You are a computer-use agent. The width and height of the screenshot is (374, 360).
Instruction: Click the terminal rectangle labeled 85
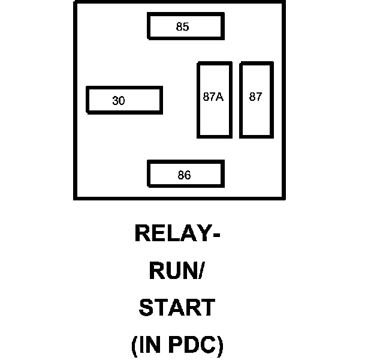point(185,26)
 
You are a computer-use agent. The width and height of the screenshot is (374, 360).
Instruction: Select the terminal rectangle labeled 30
point(124,100)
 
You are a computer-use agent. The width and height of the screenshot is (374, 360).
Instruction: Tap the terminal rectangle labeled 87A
point(213,100)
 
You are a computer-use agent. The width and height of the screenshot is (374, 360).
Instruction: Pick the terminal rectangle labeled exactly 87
point(256,100)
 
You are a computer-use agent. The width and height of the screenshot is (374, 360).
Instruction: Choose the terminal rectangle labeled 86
point(185,175)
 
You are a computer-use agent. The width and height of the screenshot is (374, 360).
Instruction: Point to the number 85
point(183,26)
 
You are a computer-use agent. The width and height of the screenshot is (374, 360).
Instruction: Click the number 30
point(119,101)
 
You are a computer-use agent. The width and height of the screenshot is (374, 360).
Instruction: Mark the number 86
point(184,175)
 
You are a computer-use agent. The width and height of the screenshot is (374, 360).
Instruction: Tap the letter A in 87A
point(220,96)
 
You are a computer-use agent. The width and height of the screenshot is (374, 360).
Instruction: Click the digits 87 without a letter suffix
point(256,96)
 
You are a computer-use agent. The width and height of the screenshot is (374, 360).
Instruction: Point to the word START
point(177,308)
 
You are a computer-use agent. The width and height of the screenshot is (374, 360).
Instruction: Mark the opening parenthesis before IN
point(134,346)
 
